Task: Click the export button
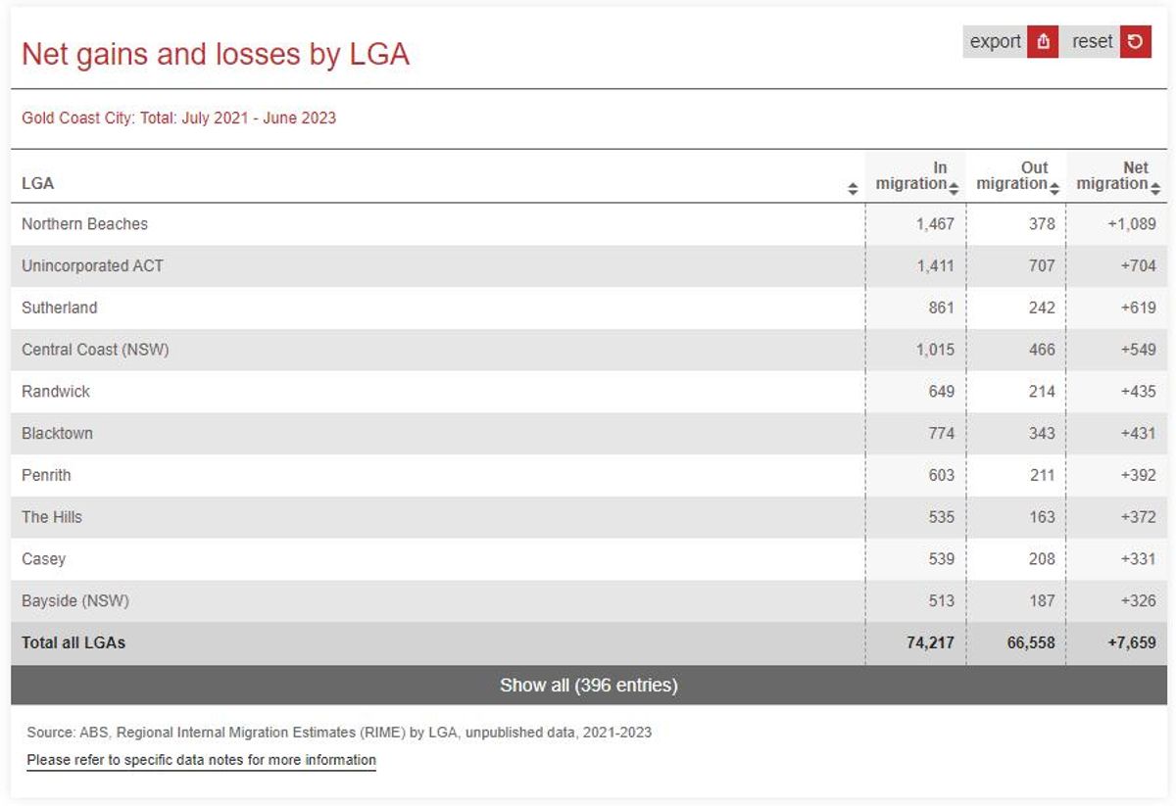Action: coord(1010,41)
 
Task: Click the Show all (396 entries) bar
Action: coord(589,685)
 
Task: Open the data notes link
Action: coord(201,760)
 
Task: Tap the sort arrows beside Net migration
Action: coord(1155,188)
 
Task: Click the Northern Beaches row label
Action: coord(84,224)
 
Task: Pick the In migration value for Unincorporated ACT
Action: coord(935,266)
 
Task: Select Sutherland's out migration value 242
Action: coord(1042,308)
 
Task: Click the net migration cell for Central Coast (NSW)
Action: coord(1138,350)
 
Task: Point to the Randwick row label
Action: coord(56,392)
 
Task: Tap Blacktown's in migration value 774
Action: coord(942,434)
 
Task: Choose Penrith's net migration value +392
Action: coord(1138,475)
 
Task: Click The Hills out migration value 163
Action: coord(1042,517)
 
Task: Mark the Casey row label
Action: coord(43,559)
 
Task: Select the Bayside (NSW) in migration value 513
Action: coord(942,600)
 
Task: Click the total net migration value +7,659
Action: coord(1132,642)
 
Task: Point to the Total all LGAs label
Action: coord(73,642)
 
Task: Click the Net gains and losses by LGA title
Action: coord(216,55)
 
